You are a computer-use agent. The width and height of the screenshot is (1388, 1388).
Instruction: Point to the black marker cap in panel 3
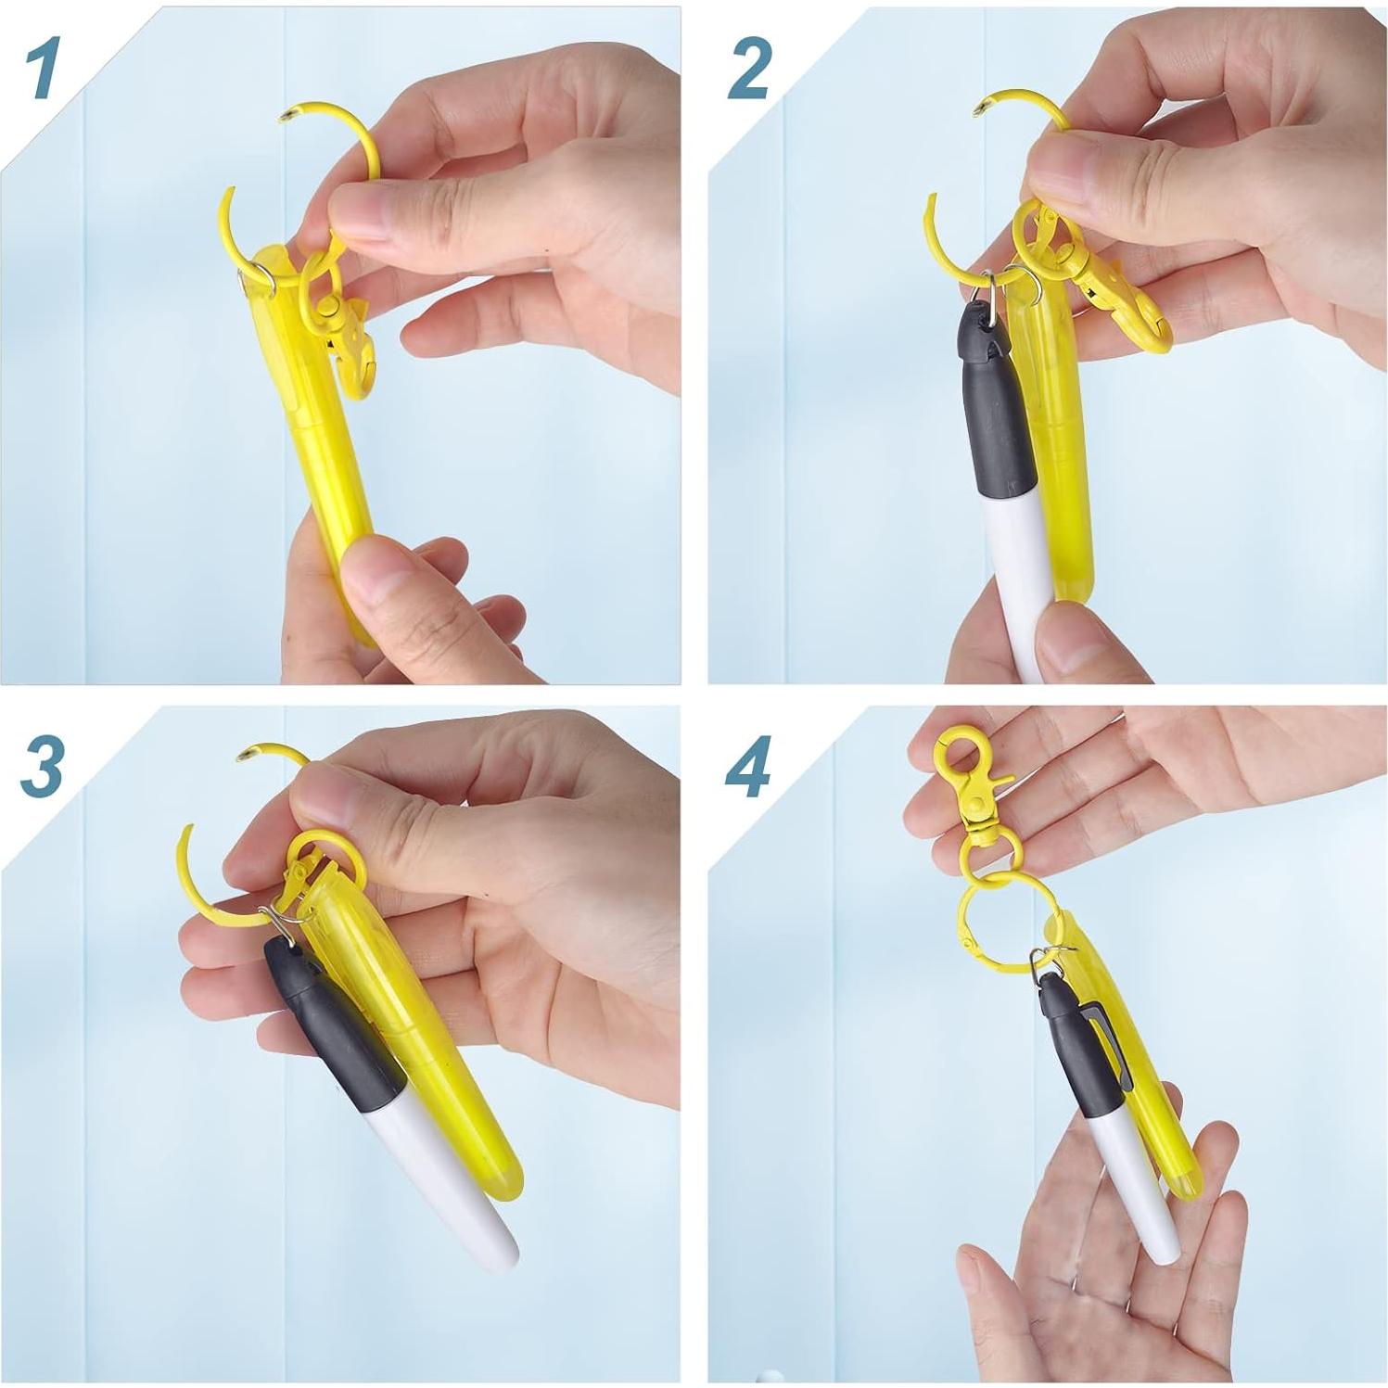click(325, 1029)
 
